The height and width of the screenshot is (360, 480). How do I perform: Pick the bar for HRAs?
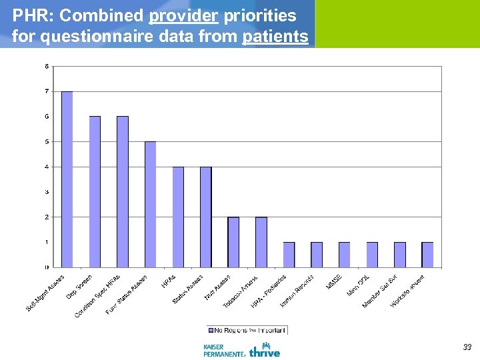[178, 217]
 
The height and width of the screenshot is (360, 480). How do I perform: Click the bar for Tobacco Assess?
[261, 241]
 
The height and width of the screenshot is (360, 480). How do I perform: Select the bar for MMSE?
[344, 254]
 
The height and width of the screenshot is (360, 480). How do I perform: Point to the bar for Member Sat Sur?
[399, 254]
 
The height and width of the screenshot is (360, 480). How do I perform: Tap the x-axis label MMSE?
[335, 281]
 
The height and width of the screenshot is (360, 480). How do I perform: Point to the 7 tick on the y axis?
[46, 91]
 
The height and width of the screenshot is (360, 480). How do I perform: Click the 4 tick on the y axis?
[46, 167]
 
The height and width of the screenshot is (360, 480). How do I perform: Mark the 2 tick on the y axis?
[46, 217]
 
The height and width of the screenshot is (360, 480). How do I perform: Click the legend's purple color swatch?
[211, 329]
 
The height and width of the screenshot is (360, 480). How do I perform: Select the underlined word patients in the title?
[275, 37]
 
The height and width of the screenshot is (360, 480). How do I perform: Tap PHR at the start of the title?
[29, 15]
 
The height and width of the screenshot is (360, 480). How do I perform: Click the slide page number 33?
[467, 347]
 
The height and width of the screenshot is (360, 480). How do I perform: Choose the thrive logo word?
[265, 351]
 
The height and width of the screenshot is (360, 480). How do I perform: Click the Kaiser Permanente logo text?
[223, 351]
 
